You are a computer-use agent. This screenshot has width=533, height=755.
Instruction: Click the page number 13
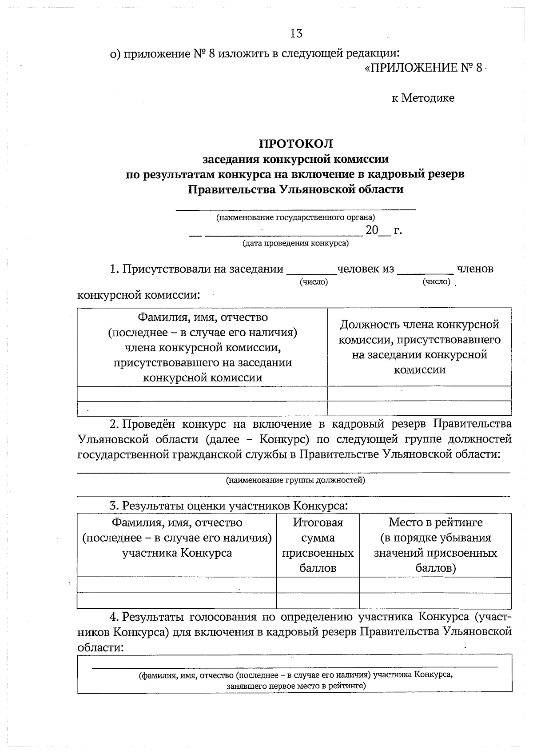[x=296, y=33]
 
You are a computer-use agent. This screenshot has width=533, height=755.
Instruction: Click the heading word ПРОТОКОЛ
[x=296, y=144]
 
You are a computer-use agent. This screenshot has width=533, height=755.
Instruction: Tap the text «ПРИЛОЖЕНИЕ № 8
[x=423, y=68]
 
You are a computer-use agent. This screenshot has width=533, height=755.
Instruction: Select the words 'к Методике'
[x=423, y=98]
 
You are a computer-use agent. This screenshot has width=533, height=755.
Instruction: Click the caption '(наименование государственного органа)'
[x=296, y=217]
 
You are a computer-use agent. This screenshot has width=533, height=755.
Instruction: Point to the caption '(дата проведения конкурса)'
[x=296, y=243]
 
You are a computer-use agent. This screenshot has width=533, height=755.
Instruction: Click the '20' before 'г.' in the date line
[x=372, y=230]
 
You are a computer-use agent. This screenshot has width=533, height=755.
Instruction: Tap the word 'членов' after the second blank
[x=475, y=269]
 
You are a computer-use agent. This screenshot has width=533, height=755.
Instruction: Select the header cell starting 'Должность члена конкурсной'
[x=419, y=347]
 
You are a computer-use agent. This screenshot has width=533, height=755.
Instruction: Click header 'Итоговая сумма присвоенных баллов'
[x=318, y=545]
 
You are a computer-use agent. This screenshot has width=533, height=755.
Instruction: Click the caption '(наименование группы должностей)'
[x=296, y=480]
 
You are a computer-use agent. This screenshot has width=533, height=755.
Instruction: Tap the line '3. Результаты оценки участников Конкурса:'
[x=229, y=506]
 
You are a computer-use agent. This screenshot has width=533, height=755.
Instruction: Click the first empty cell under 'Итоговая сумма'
[x=318, y=585]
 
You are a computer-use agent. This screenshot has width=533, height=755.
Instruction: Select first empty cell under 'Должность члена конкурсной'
[x=419, y=394]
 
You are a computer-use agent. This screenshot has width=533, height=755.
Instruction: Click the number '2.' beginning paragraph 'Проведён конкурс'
[x=115, y=424]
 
